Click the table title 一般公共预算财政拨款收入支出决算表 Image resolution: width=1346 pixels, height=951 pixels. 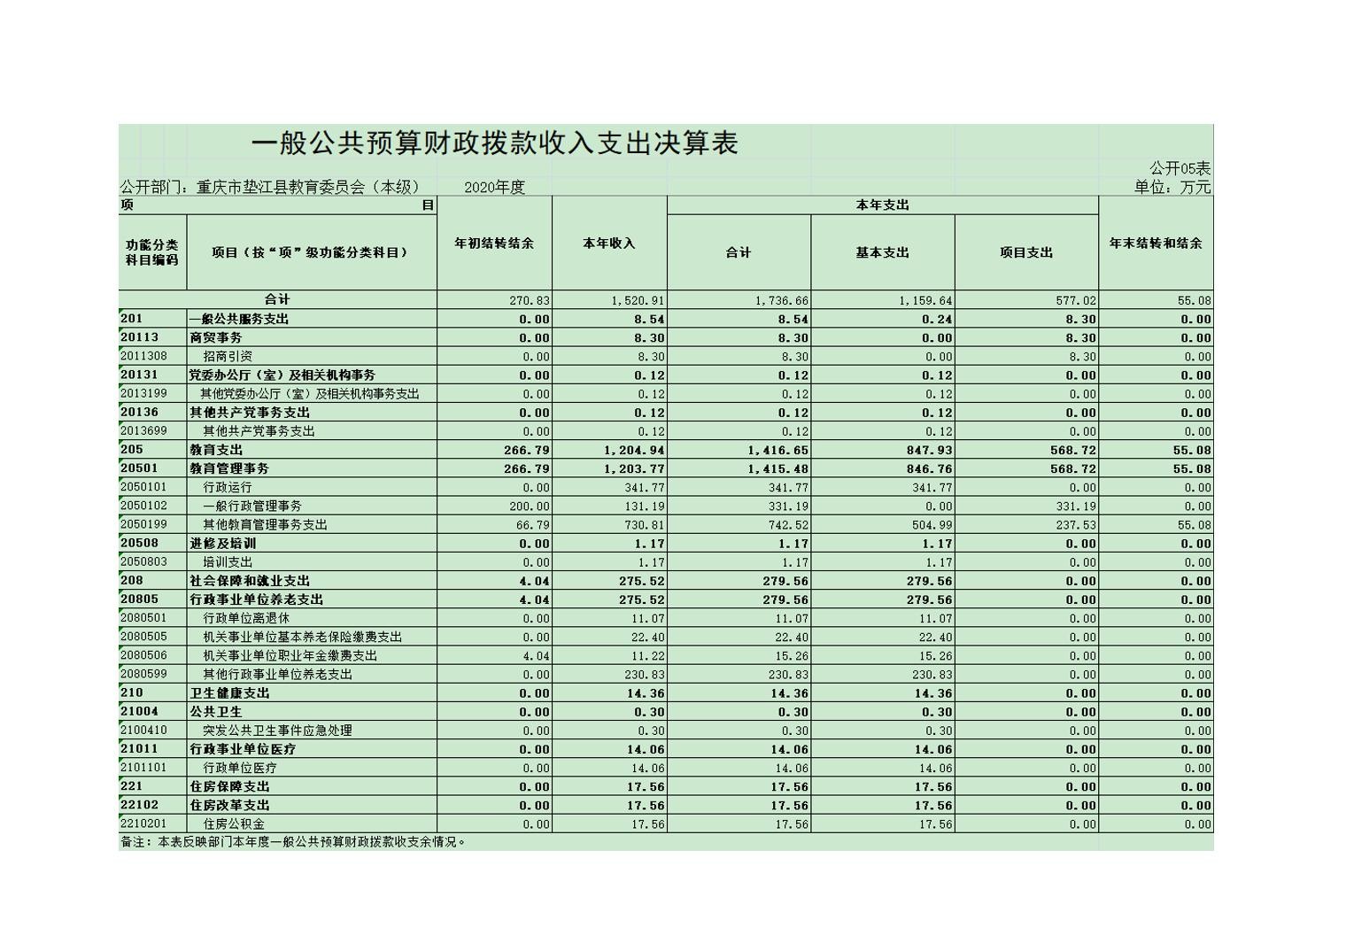tap(494, 143)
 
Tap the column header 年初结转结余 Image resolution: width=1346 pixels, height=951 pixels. tap(494, 244)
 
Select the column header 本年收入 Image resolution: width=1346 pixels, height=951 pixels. tap(609, 244)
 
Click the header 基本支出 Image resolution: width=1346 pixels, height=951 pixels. tap(882, 252)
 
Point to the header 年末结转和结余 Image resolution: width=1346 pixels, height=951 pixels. tap(1156, 244)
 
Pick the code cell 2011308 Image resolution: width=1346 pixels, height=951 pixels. tap(144, 356)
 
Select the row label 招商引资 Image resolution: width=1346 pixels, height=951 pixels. tap(228, 356)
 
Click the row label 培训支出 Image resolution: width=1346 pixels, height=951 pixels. tap(228, 562)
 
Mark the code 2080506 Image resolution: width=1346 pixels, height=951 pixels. tap(144, 655)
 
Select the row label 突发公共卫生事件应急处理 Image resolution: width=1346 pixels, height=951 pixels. tap(277, 731)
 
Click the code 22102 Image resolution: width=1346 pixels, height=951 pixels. tap(139, 805)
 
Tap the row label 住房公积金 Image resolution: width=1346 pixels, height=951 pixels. tap(234, 823)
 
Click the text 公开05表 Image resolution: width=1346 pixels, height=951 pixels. tap(1180, 168)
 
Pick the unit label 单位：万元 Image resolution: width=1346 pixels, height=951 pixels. tap(1172, 187)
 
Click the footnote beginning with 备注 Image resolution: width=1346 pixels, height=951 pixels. tap(292, 842)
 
